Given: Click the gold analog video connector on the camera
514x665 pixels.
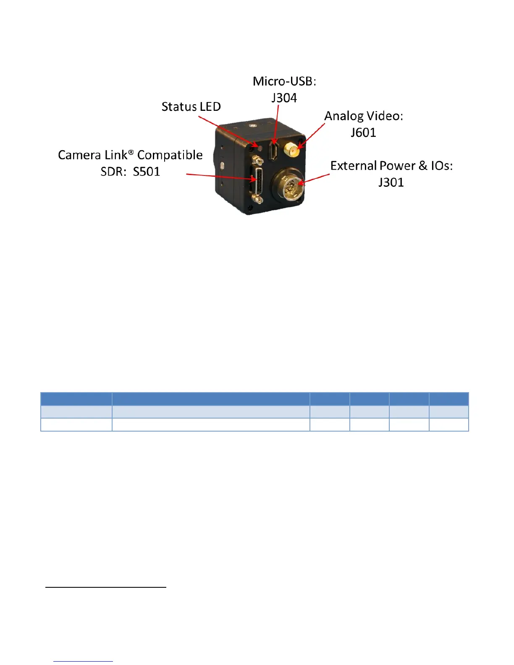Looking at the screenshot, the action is click(x=291, y=150).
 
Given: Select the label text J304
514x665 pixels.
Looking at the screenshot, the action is click(x=284, y=98).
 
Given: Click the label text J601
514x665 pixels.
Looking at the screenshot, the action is click(x=363, y=133).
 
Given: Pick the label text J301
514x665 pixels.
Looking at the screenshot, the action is click(x=391, y=182).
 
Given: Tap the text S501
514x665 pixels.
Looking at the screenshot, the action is click(x=146, y=172).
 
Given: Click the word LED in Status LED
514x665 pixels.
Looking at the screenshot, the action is click(x=210, y=107).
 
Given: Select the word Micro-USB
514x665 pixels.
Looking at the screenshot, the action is click(x=284, y=81).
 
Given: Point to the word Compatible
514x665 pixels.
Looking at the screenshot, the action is click(x=170, y=155).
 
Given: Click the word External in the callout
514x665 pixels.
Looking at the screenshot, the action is click(x=353, y=166).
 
